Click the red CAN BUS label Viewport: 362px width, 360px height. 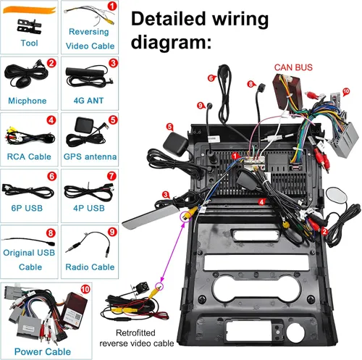(x=293, y=67)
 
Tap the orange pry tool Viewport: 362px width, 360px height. (x=30, y=10)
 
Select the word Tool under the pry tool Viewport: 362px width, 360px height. (x=29, y=43)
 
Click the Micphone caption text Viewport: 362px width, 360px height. (x=28, y=101)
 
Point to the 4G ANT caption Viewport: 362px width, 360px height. (x=88, y=101)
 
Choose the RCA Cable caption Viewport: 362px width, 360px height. (x=29, y=156)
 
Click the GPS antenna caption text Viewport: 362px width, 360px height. (x=90, y=156)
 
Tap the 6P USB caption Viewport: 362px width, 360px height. (x=27, y=208)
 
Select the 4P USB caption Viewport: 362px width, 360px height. (x=89, y=208)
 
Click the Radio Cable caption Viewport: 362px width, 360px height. (x=90, y=267)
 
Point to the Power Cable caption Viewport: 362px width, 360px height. (x=43, y=351)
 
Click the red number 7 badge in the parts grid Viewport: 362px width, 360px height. (x=111, y=176)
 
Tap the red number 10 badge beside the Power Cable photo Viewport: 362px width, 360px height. (x=85, y=289)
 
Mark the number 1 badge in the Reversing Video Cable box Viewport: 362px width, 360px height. (x=112, y=7)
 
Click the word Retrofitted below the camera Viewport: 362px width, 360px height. (x=135, y=332)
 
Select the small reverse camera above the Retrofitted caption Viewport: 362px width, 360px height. (x=139, y=288)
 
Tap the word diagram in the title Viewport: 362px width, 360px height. (x=171, y=41)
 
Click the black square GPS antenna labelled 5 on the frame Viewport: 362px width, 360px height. (x=175, y=143)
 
